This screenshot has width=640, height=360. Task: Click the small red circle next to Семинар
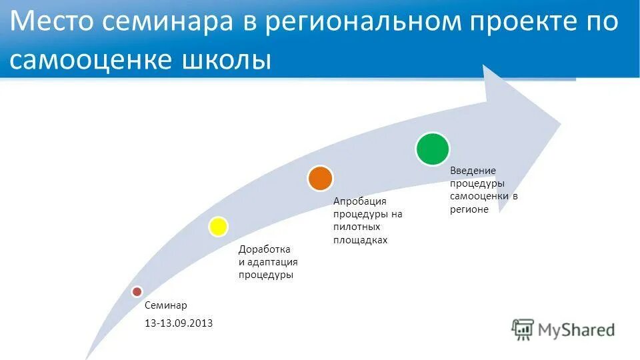coord(137,291)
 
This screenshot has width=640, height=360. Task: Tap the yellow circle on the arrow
coord(218,227)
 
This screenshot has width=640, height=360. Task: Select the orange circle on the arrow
coord(320,178)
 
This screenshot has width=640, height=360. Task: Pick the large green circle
coord(433,149)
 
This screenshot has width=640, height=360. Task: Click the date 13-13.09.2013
coord(179,323)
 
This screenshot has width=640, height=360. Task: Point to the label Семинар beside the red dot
coord(166,305)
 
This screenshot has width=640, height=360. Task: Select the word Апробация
coord(360,201)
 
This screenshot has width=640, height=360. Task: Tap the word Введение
coord(473,171)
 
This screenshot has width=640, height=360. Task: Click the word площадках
coord(360,240)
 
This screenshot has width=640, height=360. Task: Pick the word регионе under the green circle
coord(469,209)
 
